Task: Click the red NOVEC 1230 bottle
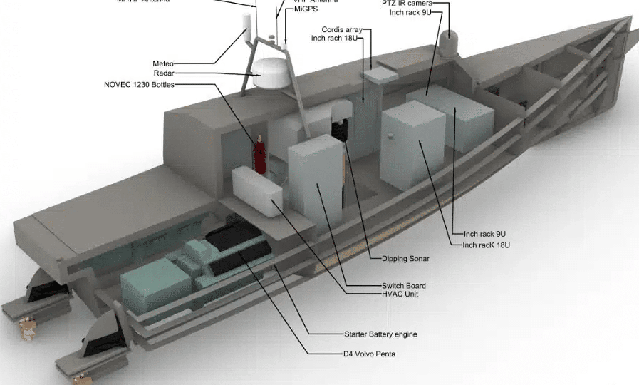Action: click(260, 156)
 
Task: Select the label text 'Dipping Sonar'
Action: click(405, 258)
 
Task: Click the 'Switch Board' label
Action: click(404, 286)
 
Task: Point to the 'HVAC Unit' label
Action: click(400, 294)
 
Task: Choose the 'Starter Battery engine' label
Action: click(380, 334)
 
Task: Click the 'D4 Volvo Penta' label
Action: click(369, 354)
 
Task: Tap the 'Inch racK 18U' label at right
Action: click(486, 245)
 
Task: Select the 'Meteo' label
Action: click(163, 64)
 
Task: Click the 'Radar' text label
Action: click(164, 73)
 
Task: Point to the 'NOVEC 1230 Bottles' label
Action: click(139, 85)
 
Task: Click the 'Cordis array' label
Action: click(342, 30)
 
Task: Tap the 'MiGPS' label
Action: click(306, 9)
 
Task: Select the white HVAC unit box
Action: click(257, 191)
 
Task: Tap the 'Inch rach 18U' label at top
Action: click(334, 38)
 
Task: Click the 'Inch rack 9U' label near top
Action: click(410, 12)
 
